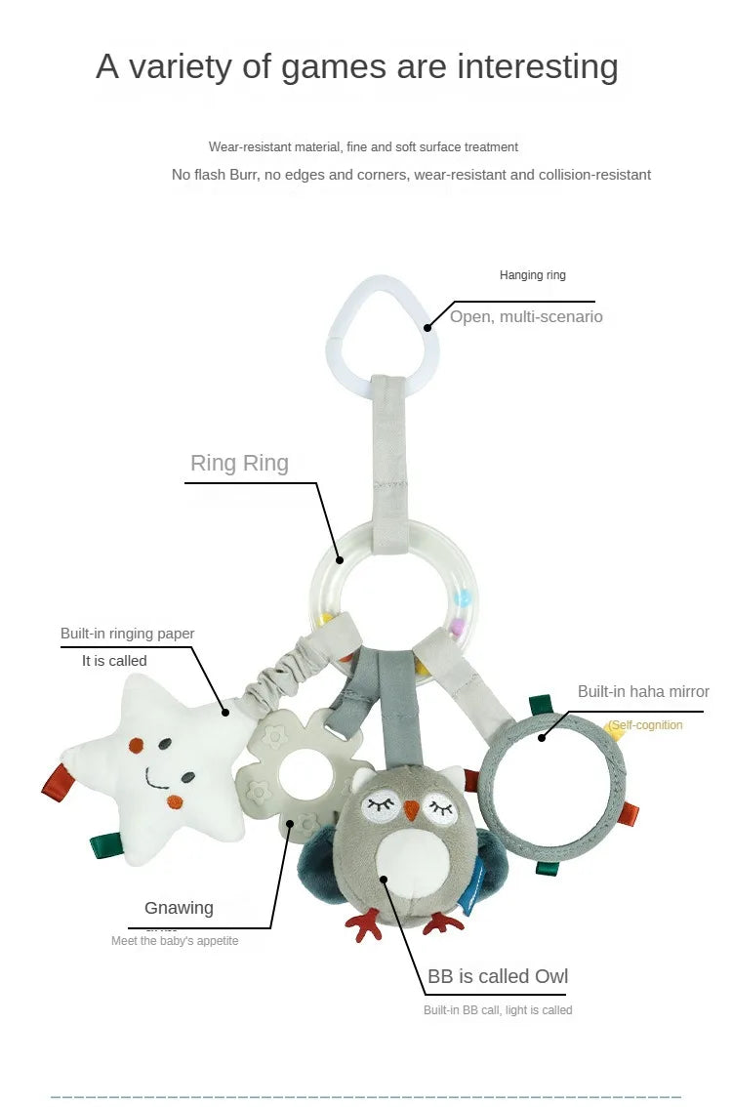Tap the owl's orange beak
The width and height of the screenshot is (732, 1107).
tap(412, 809)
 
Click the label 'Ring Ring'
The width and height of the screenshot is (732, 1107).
tap(239, 463)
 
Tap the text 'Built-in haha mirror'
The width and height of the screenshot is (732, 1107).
tap(643, 691)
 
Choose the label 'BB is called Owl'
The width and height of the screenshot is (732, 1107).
tap(498, 976)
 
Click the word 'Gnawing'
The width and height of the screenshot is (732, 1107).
tap(179, 908)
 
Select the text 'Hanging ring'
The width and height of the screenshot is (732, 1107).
tap(533, 275)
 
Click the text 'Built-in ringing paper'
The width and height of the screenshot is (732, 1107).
tap(128, 634)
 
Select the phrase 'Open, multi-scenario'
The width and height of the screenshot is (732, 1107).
tap(526, 316)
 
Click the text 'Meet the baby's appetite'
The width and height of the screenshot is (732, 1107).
tap(175, 941)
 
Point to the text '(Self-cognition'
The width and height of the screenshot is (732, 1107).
tap(646, 725)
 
